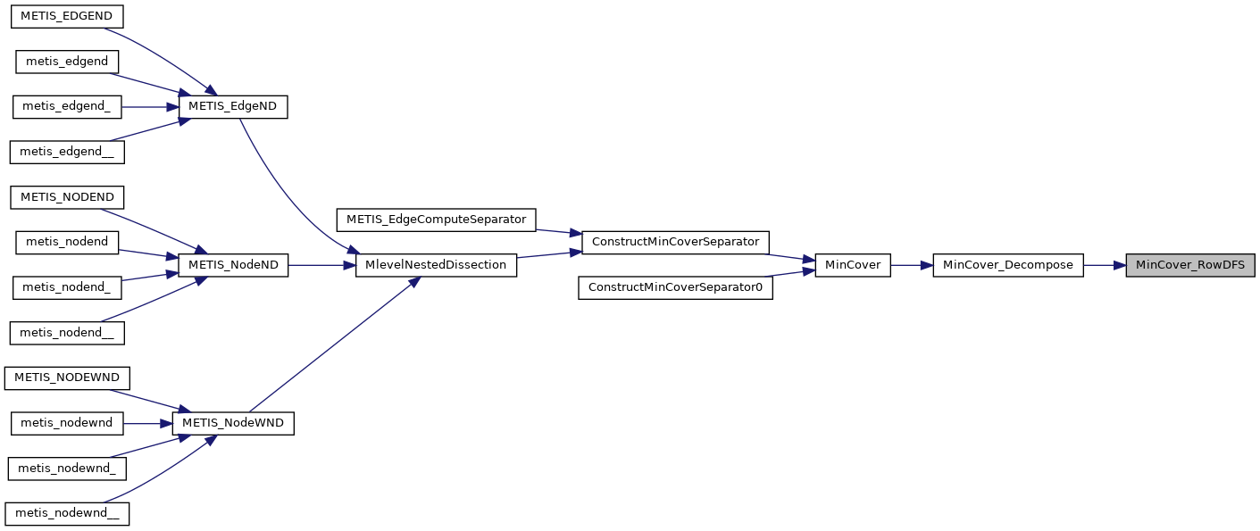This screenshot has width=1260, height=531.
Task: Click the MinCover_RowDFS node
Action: click(1189, 265)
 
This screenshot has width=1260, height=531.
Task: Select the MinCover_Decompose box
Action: click(1008, 265)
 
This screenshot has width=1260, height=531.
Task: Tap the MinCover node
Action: click(853, 265)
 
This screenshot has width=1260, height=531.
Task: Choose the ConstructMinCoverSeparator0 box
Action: click(675, 287)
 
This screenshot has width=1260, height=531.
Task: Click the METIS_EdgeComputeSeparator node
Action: click(436, 219)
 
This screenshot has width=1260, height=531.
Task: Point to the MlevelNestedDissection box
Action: click(436, 265)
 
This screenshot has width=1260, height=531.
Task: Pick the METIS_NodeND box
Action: click(234, 265)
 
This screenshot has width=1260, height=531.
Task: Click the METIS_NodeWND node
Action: click(233, 423)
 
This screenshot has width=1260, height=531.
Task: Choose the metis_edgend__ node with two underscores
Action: click(66, 152)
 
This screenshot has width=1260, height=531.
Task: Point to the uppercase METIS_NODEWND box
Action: click(67, 378)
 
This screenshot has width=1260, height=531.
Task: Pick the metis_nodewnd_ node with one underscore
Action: click(66, 468)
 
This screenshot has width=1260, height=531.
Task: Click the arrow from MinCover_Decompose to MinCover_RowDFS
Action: click(1105, 265)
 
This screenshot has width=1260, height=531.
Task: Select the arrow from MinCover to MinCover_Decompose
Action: click(912, 265)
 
